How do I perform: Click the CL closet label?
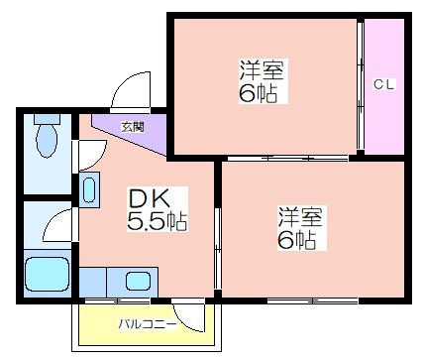[x=383, y=84]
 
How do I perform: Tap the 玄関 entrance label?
[x=133, y=127]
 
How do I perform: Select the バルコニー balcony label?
[x=148, y=324]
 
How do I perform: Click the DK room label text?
[x=150, y=198]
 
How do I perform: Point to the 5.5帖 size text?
[x=158, y=220]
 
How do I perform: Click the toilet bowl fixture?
[x=47, y=141]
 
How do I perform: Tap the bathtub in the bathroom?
[x=48, y=274]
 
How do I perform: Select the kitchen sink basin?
[x=138, y=281]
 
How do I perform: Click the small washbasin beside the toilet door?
[x=89, y=189]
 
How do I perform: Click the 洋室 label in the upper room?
[x=262, y=70]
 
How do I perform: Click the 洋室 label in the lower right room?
[x=300, y=216]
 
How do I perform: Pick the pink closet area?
[x=384, y=86]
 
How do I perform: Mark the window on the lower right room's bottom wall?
[x=312, y=301]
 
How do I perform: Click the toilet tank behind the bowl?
[x=47, y=119]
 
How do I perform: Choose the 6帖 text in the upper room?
[x=258, y=93]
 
